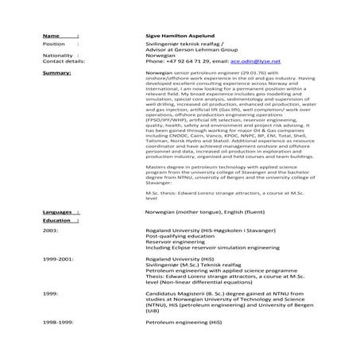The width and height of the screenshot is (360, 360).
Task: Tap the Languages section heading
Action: click(58, 213)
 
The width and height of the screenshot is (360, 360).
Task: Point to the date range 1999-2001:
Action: click(59, 259)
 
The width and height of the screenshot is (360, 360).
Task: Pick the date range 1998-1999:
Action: click(59, 324)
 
